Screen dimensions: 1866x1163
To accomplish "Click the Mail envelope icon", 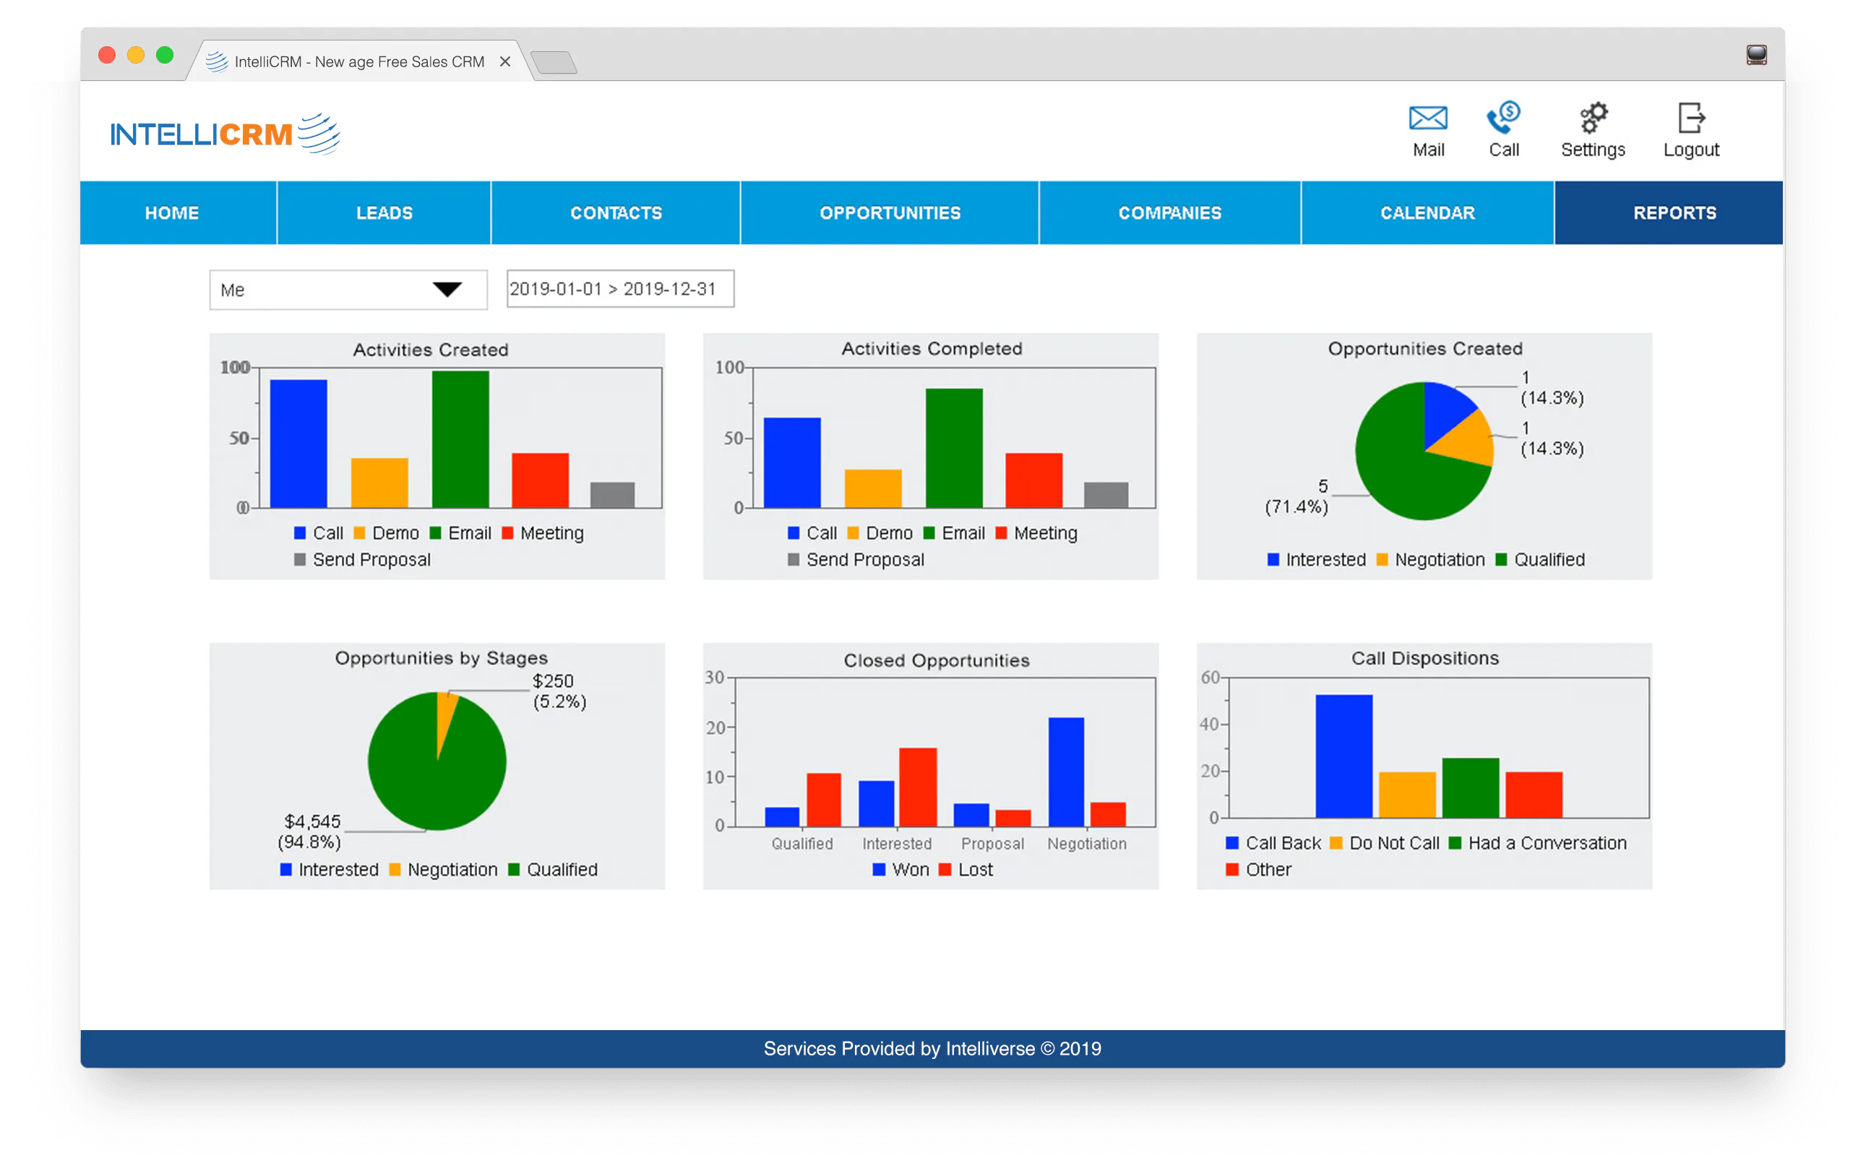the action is (x=1427, y=118).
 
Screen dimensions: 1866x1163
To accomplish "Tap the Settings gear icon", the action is (x=1593, y=118).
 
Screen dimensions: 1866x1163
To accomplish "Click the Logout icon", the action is (x=1690, y=118).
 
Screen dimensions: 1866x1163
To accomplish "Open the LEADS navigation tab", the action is (x=384, y=213).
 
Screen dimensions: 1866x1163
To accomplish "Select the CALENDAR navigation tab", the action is (x=1427, y=213).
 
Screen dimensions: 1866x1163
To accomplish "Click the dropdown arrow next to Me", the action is (x=447, y=289).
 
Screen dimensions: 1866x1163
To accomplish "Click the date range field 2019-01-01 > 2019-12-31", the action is (x=620, y=289).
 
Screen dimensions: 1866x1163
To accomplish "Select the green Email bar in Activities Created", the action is (x=460, y=439).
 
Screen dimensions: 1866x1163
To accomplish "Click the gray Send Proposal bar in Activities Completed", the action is (x=1106, y=495).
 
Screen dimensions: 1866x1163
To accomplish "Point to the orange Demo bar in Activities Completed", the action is (x=872, y=488).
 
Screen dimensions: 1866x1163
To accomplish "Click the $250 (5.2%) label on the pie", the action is (x=559, y=691).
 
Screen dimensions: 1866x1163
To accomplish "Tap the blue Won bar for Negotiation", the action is (x=1066, y=772).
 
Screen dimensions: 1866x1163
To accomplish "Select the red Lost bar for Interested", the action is (x=918, y=787).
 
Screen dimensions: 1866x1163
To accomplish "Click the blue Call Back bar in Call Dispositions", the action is (x=1343, y=756).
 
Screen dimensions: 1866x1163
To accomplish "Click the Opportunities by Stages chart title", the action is (x=441, y=658).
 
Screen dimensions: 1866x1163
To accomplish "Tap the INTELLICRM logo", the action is (x=225, y=134).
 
